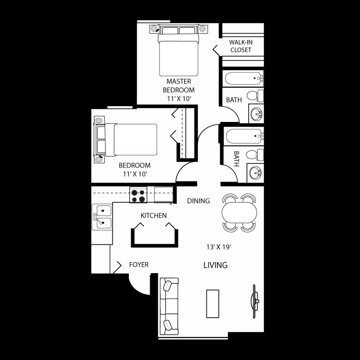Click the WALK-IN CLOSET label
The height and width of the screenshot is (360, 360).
point(241,46)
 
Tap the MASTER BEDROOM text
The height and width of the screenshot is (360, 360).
point(179,85)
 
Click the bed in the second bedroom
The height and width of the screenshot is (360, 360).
point(127,139)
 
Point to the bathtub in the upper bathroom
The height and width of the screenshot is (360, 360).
point(244,78)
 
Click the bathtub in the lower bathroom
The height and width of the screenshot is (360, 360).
point(244,136)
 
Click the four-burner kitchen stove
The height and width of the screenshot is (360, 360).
point(138,195)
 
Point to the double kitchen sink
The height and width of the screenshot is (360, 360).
point(102,216)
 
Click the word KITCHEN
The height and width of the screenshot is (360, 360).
point(154,216)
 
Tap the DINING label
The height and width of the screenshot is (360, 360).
point(198,201)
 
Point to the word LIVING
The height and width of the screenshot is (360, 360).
point(215,265)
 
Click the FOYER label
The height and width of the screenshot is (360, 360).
point(139,264)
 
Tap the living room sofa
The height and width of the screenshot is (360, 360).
point(169,306)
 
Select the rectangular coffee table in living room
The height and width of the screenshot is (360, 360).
point(213,303)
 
